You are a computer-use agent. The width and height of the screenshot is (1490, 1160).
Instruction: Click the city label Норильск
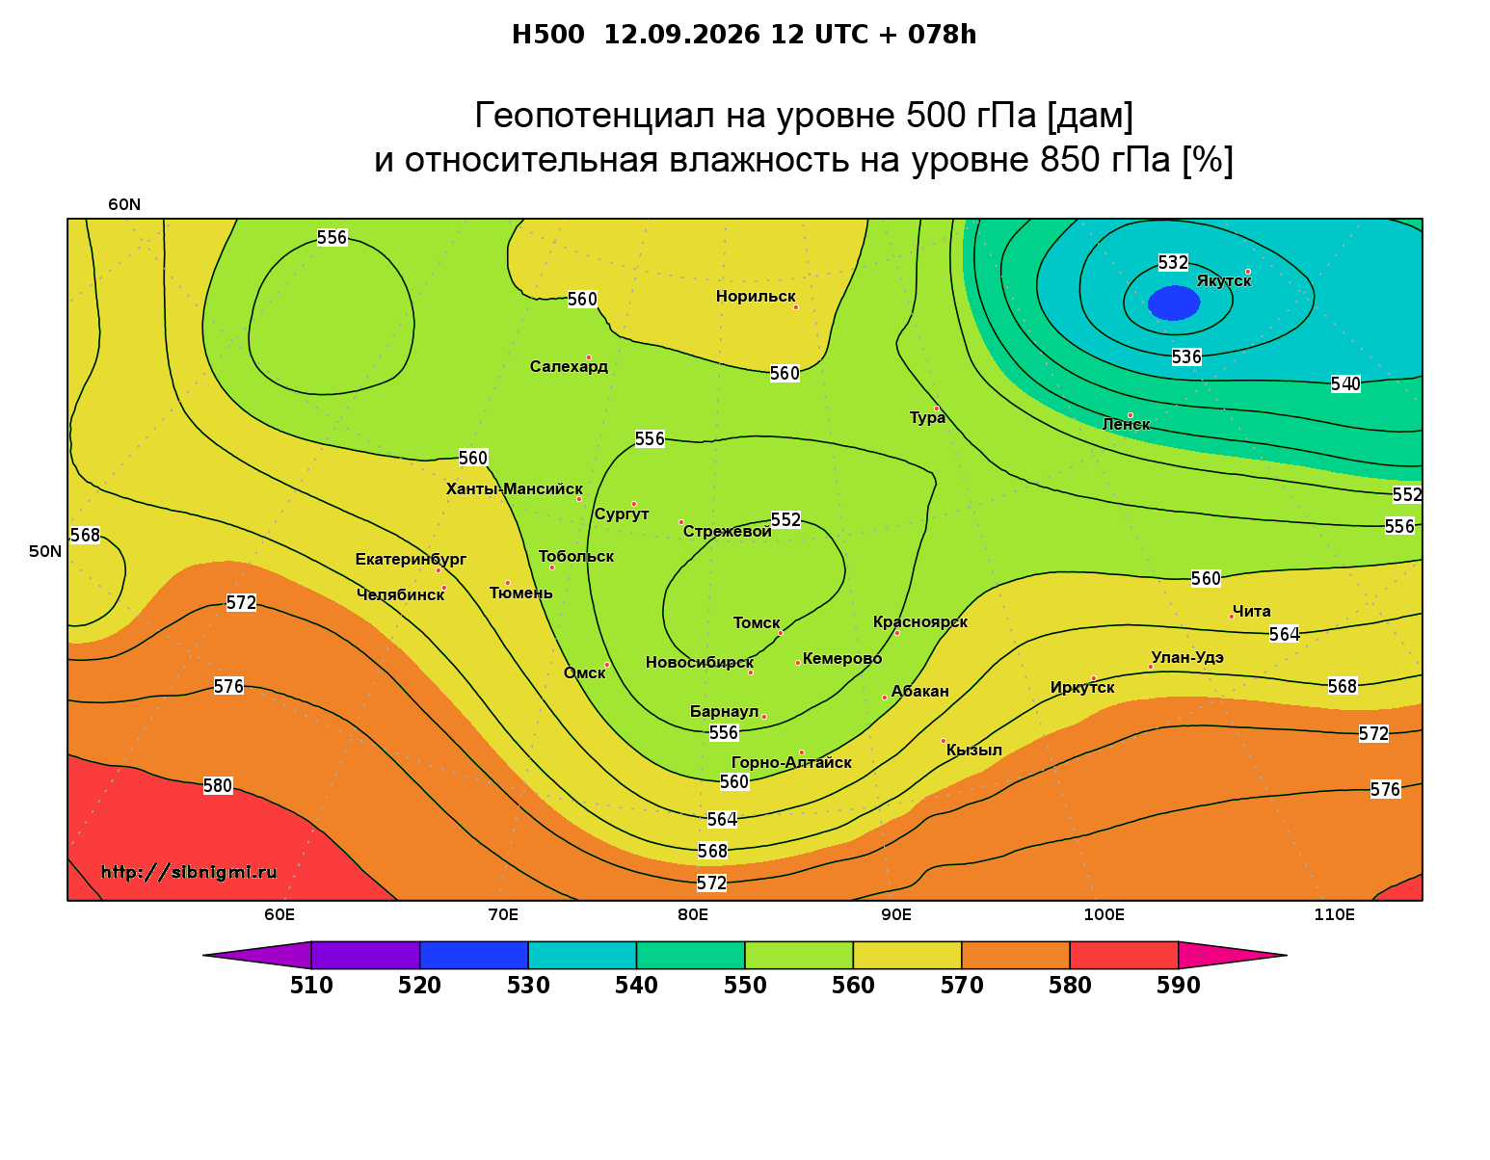[756, 296]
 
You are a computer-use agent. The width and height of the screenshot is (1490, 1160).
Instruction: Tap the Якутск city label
[1224, 280]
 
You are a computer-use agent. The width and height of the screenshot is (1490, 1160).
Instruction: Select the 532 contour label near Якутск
[1173, 262]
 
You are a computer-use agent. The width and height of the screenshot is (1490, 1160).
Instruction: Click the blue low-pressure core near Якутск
[1174, 303]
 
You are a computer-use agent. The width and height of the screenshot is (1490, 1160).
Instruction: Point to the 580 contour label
[218, 786]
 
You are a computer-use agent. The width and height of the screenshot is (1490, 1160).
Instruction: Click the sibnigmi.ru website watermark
[189, 872]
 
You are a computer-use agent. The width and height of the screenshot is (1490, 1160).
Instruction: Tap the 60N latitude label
[124, 204]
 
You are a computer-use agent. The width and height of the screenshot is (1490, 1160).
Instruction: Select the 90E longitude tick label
[896, 914]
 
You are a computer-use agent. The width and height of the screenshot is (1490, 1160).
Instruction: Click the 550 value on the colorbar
[745, 986]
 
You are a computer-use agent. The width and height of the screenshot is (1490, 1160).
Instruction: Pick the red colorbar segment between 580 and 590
[1124, 955]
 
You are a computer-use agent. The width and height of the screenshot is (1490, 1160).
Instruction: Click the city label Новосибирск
[700, 662]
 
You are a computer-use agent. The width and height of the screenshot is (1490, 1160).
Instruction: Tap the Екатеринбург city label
[411, 559]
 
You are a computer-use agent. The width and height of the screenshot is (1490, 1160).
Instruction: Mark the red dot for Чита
[1232, 617]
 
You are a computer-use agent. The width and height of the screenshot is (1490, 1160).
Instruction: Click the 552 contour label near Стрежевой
[785, 520]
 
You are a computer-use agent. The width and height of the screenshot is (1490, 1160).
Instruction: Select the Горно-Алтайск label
[791, 762]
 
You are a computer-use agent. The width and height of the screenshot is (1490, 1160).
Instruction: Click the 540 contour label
[1345, 383]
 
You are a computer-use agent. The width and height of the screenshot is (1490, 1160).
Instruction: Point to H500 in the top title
[547, 35]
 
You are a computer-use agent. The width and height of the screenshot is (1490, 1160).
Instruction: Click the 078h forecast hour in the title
[942, 35]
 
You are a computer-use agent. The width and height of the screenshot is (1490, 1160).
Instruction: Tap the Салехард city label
[569, 366]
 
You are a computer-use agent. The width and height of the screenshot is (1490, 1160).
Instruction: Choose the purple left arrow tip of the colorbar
[204, 955]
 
